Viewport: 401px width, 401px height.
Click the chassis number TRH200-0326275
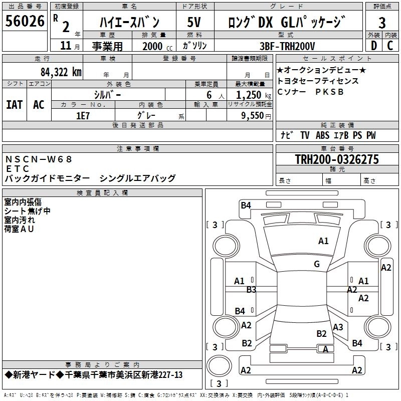point(337,159)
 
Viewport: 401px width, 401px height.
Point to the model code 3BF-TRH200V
point(287,46)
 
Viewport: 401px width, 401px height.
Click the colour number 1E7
point(83,115)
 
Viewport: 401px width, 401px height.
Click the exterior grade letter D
point(373,46)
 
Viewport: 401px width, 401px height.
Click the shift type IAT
point(14,104)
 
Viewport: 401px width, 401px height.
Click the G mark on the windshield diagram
point(317,264)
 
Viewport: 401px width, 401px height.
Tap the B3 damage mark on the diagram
point(251,289)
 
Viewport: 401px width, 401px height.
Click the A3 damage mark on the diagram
point(338,327)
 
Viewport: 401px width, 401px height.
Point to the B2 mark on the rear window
point(321,333)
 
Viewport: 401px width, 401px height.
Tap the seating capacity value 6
point(208,94)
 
